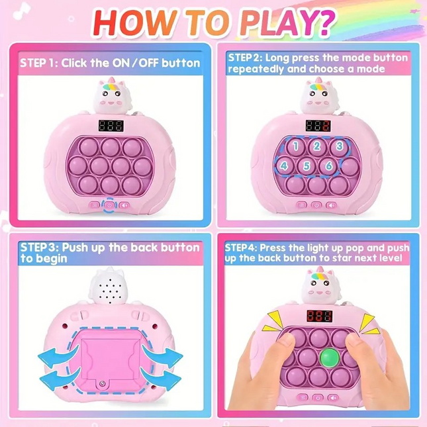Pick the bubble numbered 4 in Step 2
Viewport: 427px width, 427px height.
pos(284,166)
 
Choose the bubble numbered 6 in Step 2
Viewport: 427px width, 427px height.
pos(328,166)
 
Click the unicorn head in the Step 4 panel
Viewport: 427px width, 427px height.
pos(317,287)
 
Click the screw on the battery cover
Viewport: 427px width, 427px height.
pos(103,385)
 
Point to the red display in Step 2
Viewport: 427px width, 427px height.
pos(317,126)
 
